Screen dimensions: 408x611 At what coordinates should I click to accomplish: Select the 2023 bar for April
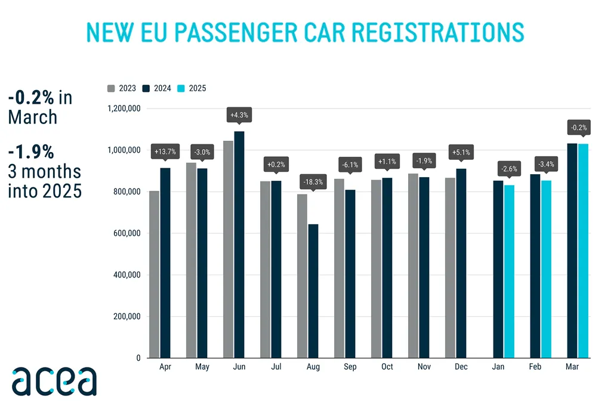click(154, 274)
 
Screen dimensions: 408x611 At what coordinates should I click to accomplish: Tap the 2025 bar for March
click(583, 251)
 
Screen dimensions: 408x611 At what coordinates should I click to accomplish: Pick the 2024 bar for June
click(239, 245)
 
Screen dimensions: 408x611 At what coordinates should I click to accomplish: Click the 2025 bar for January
click(509, 271)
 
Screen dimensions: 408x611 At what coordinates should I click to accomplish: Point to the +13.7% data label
click(165, 152)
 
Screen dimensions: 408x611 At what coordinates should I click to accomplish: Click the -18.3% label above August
click(313, 181)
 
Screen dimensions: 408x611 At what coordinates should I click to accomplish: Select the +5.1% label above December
click(461, 152)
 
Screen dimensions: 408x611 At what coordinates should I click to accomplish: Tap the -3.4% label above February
click(546, 163)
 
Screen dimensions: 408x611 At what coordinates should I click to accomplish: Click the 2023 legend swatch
click(112, 88)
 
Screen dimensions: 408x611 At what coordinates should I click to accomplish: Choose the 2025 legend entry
click(192, 88)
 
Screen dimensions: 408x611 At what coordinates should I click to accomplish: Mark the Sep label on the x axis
click(350, 367)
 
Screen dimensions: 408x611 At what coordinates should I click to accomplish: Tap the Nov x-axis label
click(424, 367)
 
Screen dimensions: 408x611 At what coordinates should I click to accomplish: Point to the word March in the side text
click(33, 117)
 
